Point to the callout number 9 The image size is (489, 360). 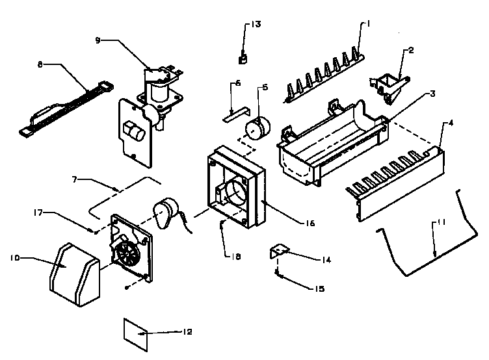coord(98,40)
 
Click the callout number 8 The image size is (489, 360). coord(40,64)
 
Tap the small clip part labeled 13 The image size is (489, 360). coord(243,60)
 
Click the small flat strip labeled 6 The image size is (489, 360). coord(231,118)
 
